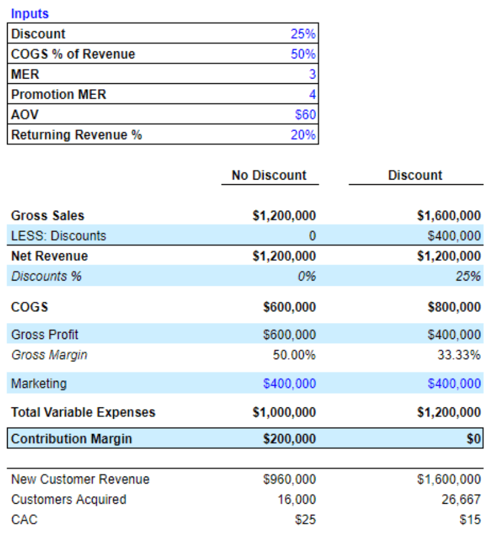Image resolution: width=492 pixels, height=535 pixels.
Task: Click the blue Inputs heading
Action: click(29, 14)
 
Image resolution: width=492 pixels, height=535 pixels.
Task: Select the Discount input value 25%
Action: click(303, 34)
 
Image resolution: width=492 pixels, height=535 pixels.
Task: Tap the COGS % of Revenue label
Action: click(73, 54)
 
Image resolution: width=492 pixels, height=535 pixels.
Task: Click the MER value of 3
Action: click(312, 74)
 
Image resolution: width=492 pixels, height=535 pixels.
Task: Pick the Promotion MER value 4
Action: click(312, 94)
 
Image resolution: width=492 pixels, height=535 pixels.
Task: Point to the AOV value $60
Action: click(305, 115)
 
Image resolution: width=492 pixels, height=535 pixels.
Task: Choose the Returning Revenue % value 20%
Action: click(303, 135)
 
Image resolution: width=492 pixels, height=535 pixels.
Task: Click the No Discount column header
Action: click(269, 175)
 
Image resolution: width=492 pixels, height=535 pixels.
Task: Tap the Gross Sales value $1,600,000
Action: click(448, 216)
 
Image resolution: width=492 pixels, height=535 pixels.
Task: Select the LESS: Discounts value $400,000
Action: click(454, 236)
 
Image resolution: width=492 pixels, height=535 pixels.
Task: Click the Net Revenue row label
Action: click(49, 256)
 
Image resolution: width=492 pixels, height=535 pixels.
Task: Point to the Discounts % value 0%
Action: click(307, 276)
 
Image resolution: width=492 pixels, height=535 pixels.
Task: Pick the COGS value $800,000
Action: click(454, 307)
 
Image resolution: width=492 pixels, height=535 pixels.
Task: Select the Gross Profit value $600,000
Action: click(289, 335)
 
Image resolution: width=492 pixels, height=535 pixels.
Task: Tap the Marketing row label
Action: click(39, 384)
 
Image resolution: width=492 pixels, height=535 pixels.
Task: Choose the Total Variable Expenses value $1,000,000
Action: click(284, 412)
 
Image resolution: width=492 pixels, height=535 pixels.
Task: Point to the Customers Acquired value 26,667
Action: click(461, 500)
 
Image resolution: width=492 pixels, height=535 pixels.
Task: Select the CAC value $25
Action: click(306, 520)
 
